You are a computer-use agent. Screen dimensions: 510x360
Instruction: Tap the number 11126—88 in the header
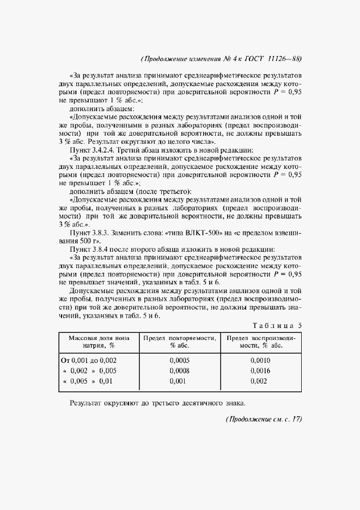(283, 59)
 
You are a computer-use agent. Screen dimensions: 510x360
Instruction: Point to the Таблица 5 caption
(278, 326)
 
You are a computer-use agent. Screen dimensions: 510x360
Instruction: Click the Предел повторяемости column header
(180, 342)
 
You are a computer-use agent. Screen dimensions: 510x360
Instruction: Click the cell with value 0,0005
(180, 360)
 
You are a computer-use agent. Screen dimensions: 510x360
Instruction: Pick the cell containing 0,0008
(180, 371)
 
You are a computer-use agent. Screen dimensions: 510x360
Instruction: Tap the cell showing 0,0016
(261, 371)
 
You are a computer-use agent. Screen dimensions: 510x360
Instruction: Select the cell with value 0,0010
(261, 360)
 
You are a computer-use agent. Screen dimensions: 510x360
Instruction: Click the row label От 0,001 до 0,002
(87, 360)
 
